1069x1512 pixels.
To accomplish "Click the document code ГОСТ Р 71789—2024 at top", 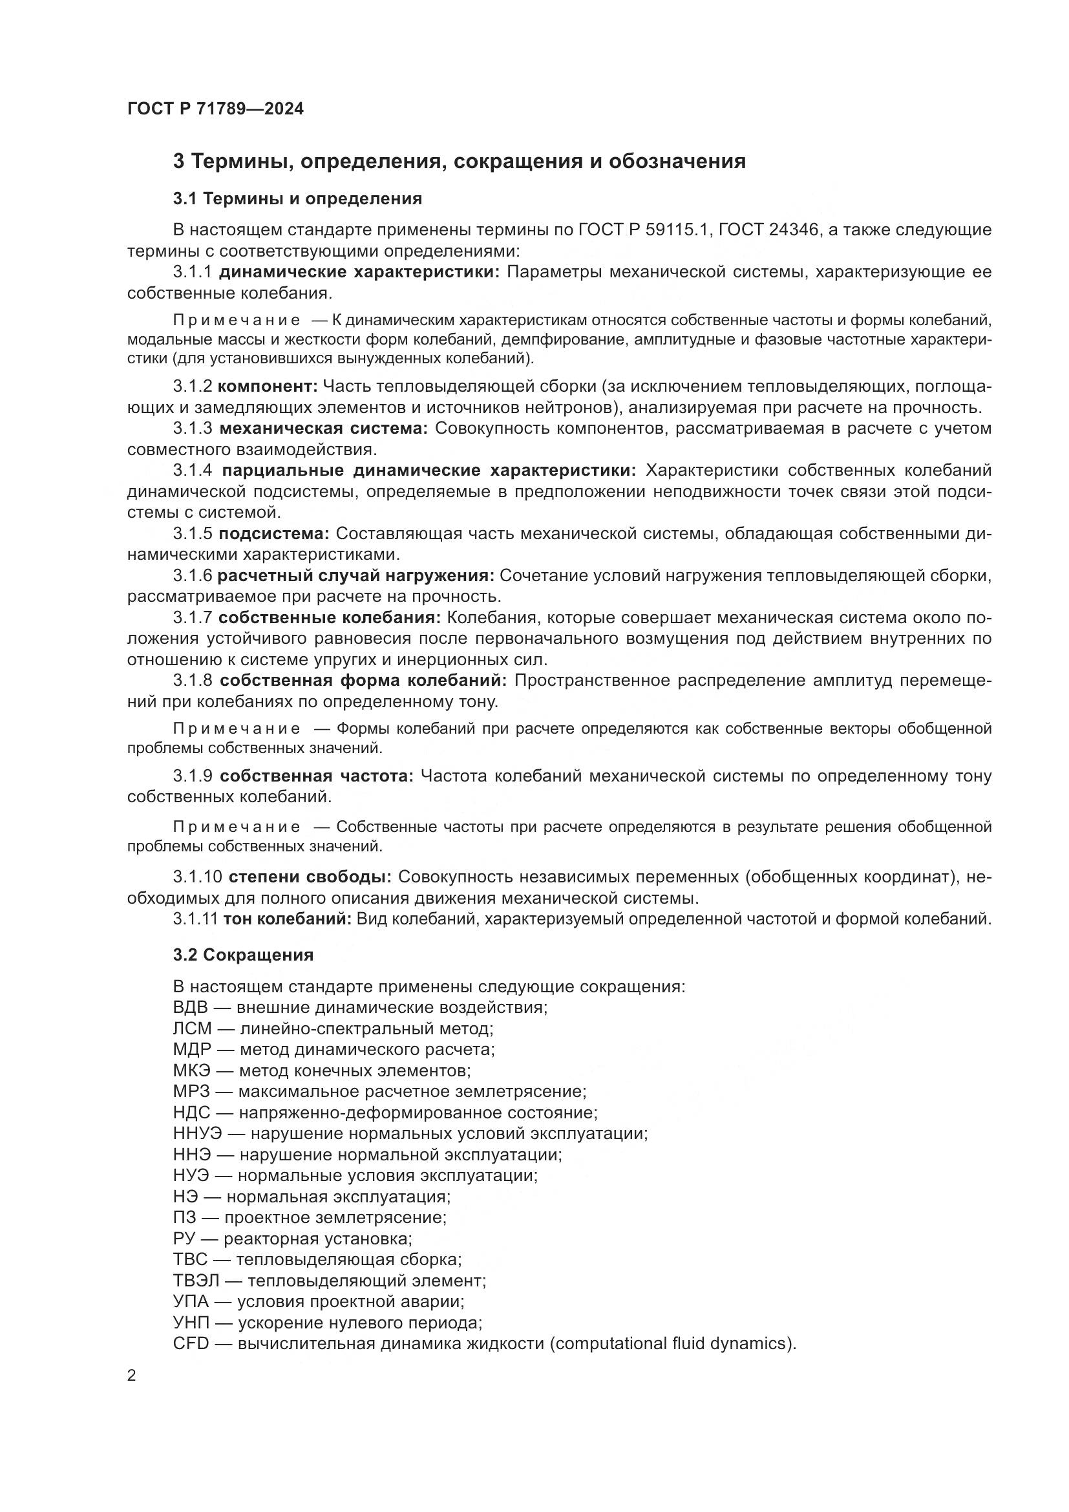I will pyautogui.click(x=215, y=109).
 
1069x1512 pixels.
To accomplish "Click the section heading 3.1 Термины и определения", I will pyautogui.click(x=297, y=198).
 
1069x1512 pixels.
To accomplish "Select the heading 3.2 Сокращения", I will pyautogui.click(x=243, y=955).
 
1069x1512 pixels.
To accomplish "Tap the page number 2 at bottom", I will pyautogui.click(x=132, y=1376).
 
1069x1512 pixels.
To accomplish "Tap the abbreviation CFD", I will pyautogui.click(x=190, y=1343).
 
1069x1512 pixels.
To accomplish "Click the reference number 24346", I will pyautogui.click(x=789, y=230).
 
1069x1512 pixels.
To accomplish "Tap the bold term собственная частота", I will pyautogui.click(x=316, y=776).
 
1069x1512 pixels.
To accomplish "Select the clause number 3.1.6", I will pyautogui.click(x=192, y=575).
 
